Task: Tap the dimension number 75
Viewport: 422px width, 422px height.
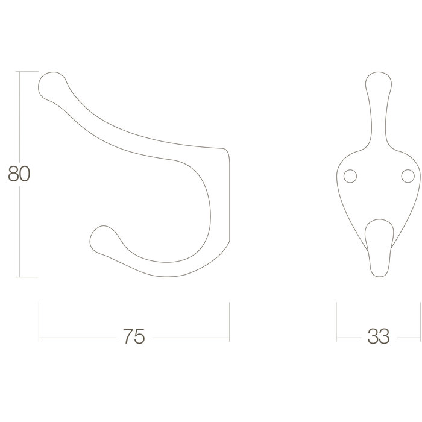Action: click(134, 336)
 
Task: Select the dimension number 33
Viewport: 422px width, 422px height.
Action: click(377, 336)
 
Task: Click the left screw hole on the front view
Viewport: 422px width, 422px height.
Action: click(349, 175)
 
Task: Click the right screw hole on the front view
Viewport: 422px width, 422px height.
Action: click(408, 175)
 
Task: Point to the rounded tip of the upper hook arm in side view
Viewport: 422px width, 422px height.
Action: click(51, 84)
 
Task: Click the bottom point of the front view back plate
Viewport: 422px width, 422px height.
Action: click(378, 276)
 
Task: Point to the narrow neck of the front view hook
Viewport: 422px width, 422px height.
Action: click(378, 130)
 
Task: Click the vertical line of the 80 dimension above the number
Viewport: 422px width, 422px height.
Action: click(20, 115)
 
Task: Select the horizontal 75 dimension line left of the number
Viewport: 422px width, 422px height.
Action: click(78, 337)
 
